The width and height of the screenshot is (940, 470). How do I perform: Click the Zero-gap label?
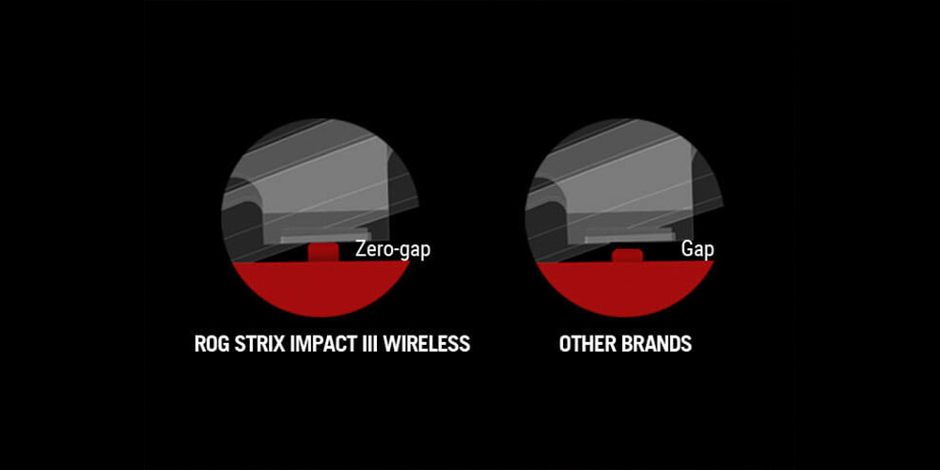point(393,249)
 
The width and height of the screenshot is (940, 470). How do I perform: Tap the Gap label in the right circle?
point(697,249)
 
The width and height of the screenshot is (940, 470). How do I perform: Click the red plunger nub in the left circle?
point(323,252)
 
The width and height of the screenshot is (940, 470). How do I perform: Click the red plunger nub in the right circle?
point(627,256)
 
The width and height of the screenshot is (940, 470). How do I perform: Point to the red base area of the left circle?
point(321,288)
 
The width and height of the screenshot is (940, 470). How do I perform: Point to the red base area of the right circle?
point(625,288)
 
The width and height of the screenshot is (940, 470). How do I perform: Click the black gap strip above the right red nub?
point(627,245)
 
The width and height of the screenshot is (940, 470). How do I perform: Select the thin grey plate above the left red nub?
point(323,239)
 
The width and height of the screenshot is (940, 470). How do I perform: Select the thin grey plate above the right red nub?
point(628,238)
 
